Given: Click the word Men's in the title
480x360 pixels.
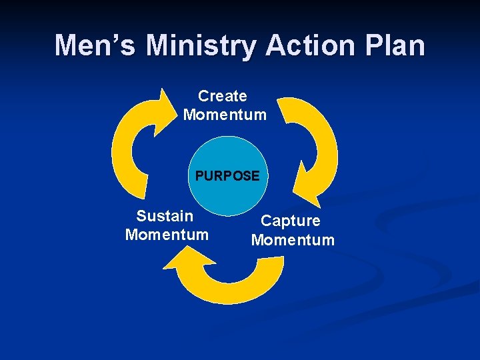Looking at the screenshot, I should [x=96, y=45].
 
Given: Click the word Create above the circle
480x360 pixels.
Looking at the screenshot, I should [x=223, y=96].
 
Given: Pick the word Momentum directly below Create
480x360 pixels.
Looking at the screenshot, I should [x=225, y=115].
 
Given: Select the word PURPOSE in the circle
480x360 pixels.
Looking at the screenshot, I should [x=227, y=176].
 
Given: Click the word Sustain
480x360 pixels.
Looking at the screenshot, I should [x=165, y=216].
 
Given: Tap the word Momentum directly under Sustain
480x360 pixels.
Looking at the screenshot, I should [x=167, y=235].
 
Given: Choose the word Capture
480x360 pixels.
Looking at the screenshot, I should [x=290, y=221].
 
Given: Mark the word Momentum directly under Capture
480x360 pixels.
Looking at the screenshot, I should [x=293, y=239].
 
